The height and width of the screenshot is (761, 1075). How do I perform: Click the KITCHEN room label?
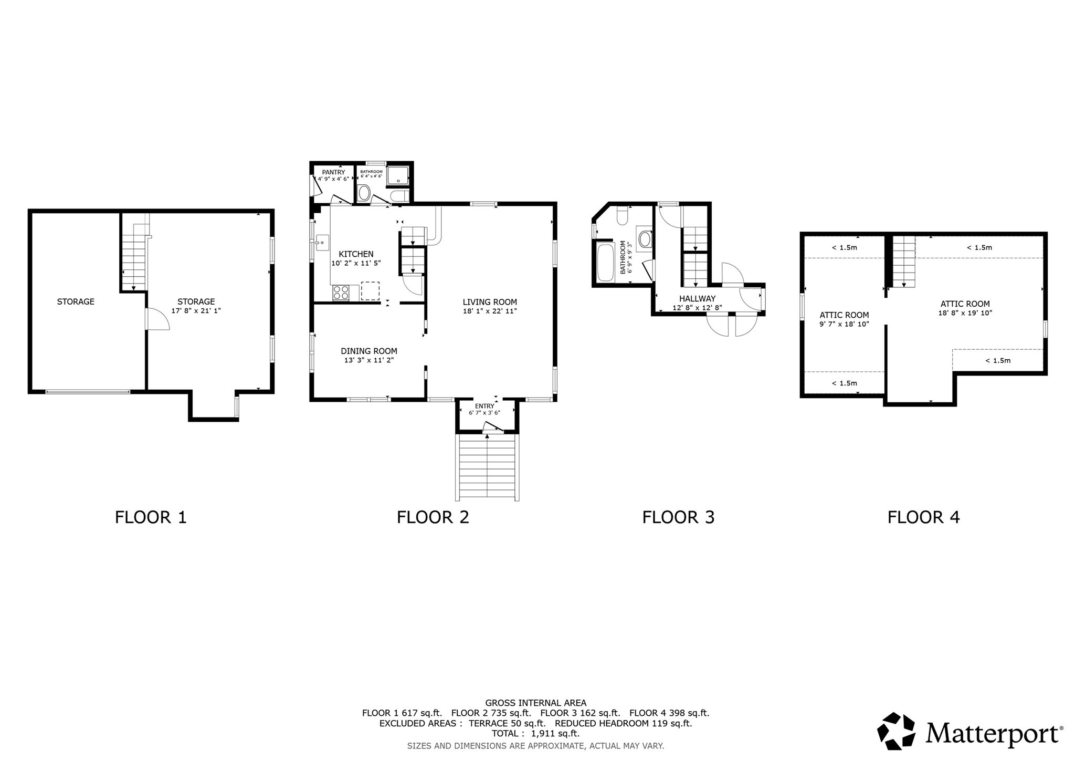[356, 254]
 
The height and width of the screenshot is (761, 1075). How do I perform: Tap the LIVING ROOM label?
[489, 302]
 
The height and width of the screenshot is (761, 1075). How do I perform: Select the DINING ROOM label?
[368, 351]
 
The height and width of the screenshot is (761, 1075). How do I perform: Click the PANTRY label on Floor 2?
[333, 172]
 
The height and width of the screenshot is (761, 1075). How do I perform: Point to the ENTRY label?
[484, 406]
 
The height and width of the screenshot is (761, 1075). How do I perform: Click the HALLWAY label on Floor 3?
[697, 299]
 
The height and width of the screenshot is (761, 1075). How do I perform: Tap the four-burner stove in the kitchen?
[341, 293]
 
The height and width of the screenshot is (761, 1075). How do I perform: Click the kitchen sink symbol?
[322, 243]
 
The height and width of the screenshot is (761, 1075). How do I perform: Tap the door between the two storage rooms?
[156, 319]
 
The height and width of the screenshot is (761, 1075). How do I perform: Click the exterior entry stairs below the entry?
[487, 467]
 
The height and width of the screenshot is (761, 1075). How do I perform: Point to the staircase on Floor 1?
[134, 257]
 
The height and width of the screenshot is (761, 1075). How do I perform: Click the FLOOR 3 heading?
[678, 517]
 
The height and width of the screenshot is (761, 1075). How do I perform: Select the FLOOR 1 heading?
[151, 517]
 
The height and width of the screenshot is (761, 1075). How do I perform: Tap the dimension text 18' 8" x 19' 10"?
[965, 313]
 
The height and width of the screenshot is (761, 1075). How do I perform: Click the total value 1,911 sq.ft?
[555, 734]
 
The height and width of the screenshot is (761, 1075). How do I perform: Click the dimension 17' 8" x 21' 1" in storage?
[196, 310]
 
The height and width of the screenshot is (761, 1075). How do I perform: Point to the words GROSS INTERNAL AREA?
[535, 703]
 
